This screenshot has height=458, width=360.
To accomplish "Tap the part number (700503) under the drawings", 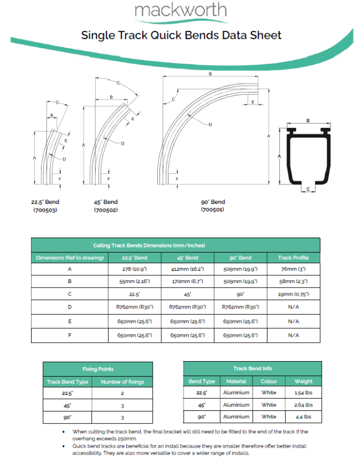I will click(44, 210).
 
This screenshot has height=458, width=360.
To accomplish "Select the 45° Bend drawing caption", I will click(106, 202).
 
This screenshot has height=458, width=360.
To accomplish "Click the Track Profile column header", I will click(293, 258).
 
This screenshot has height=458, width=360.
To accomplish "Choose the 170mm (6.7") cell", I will click(187, 282).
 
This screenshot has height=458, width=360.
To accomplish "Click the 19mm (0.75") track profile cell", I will click(293, 295).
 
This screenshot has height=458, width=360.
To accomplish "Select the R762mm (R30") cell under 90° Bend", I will click(240, 308).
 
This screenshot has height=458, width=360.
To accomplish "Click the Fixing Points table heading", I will click(98, 369).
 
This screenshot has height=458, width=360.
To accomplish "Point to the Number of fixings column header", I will click(122, 382).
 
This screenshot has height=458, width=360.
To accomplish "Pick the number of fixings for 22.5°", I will click(122, 393).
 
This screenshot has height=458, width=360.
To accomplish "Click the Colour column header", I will click(269, 381).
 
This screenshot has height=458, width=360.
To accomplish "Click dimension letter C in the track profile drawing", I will click(308, 189).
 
